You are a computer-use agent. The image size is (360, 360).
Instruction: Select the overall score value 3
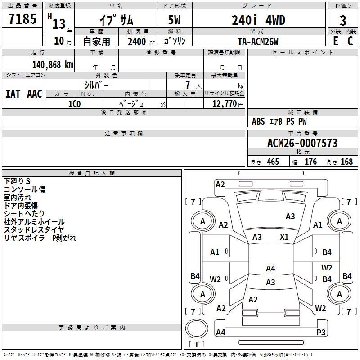(x=343, y=20)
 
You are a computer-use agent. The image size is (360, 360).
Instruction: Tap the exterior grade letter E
(x=335, y=41)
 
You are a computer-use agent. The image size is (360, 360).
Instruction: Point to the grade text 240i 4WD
(x=258, y=20)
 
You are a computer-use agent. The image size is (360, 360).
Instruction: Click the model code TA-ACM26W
(x=258, y=41)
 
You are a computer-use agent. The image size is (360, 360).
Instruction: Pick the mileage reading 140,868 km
(x=53, y=64)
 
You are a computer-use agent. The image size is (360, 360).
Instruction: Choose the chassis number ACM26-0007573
(x=302, y=143)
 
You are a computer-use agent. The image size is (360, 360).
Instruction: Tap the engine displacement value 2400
(x=137, y=41)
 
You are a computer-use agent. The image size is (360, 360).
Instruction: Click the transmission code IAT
(x=13, y=94)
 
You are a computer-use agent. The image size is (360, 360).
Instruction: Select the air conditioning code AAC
(x=35, y=94)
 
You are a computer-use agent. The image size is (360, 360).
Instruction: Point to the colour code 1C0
(x=74, y=103)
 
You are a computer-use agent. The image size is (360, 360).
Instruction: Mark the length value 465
(x=273, y=162)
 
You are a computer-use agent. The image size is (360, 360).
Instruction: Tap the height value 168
(x=346, y=162)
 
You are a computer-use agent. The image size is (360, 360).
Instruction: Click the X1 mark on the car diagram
(x=284, y=237)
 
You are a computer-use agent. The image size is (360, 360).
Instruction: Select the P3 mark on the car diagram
(x=321, y=332)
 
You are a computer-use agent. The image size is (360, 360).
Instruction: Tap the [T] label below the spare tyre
(x=196, y=345)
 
